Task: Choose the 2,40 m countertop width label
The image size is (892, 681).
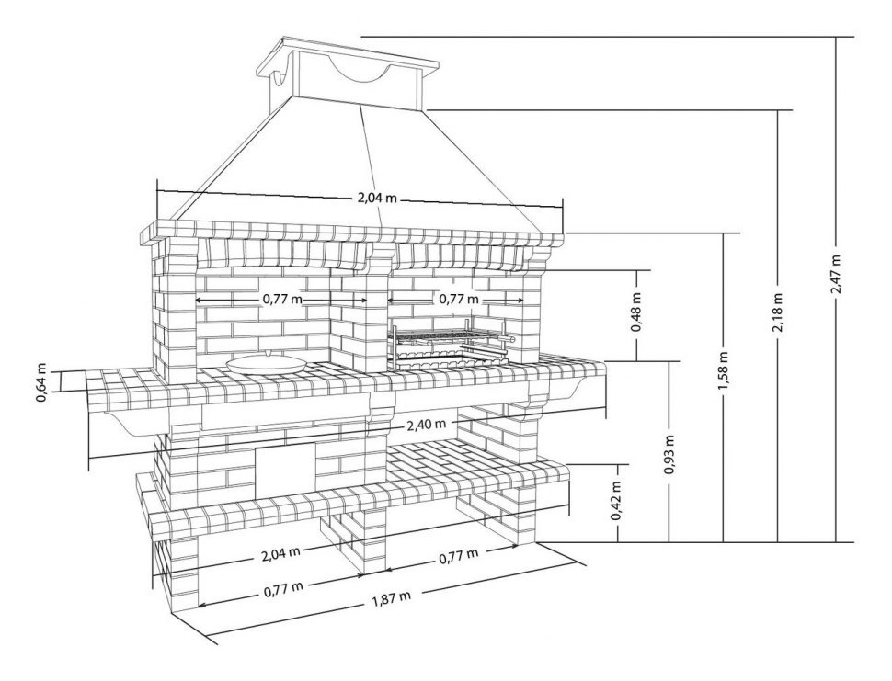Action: (426, 425)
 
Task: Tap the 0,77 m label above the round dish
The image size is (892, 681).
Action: (281, 300)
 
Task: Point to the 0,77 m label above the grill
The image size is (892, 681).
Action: (457, 299)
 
